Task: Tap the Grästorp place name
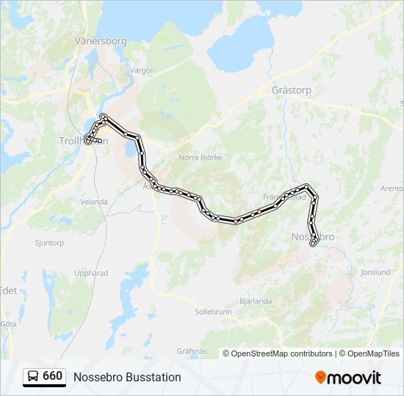point(292,91)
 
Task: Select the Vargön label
point(142,70)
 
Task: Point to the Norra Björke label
point(201,157)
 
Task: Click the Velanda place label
point(94,202)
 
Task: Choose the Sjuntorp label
point(50,242)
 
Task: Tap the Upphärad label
point(92,273)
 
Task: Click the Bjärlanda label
point(256,301)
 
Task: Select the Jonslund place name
point(375,272)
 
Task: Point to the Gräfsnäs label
point(192,351)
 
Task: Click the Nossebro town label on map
point(313,237)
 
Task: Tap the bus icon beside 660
point(33,376)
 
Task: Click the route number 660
point(53,376)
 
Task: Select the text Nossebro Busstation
point(127,377)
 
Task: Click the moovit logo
point(348,378)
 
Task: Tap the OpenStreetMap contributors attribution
point(281,353)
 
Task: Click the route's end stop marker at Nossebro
point(314,243)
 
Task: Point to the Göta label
point(8,323)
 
